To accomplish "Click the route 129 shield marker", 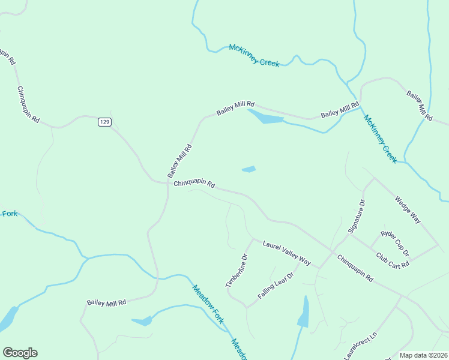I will pos(104,122).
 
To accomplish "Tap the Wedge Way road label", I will pos(408,210).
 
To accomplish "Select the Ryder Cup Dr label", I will pos(395,242).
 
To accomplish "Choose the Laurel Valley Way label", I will pos(286,253).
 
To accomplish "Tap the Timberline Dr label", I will pos(237,271).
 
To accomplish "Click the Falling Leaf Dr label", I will pos(276,286).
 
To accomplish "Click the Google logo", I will pos(20,353).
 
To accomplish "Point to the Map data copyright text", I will pos(423,355).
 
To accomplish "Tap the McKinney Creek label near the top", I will pos(254,55).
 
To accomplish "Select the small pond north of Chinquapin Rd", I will pos(249,169).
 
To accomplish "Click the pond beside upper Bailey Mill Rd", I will pos(265,117).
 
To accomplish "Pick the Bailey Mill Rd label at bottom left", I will pos(106,303).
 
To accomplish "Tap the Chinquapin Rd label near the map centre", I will pos(194,184).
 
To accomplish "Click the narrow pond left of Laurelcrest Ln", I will pos(304,312).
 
